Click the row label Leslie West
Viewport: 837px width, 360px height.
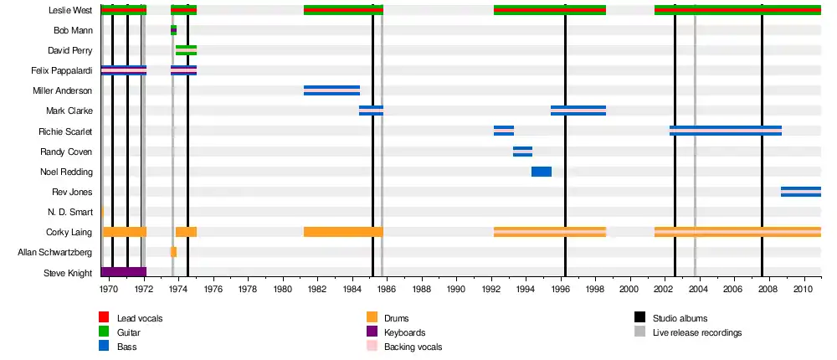(x=71, y=10)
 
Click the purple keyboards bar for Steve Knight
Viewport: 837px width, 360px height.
(x=123, y=272)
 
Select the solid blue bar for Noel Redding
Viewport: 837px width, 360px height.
(x=542, y=172)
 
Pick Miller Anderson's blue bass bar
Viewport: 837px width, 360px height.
(x=331, y=90)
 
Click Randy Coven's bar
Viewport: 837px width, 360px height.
(x=522, y=152)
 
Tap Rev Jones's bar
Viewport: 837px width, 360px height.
(x=800, y=192)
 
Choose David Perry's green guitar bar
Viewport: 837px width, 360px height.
(x=186, y=50)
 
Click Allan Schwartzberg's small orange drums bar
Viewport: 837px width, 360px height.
(x=173, y=252)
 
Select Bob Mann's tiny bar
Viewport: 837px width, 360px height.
(x=173, y=30)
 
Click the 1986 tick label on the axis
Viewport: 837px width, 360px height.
(x=386, y=289)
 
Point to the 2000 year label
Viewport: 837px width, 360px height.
(x=629, y=289)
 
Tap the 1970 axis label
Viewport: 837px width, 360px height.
(x=109, y=289)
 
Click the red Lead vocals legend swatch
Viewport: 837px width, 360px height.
(x=104, y=318)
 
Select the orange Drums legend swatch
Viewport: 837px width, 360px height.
(x=372, y=318)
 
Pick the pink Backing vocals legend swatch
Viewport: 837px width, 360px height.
(x=372, y=347)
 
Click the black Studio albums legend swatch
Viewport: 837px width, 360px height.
(x=640, y=318)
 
